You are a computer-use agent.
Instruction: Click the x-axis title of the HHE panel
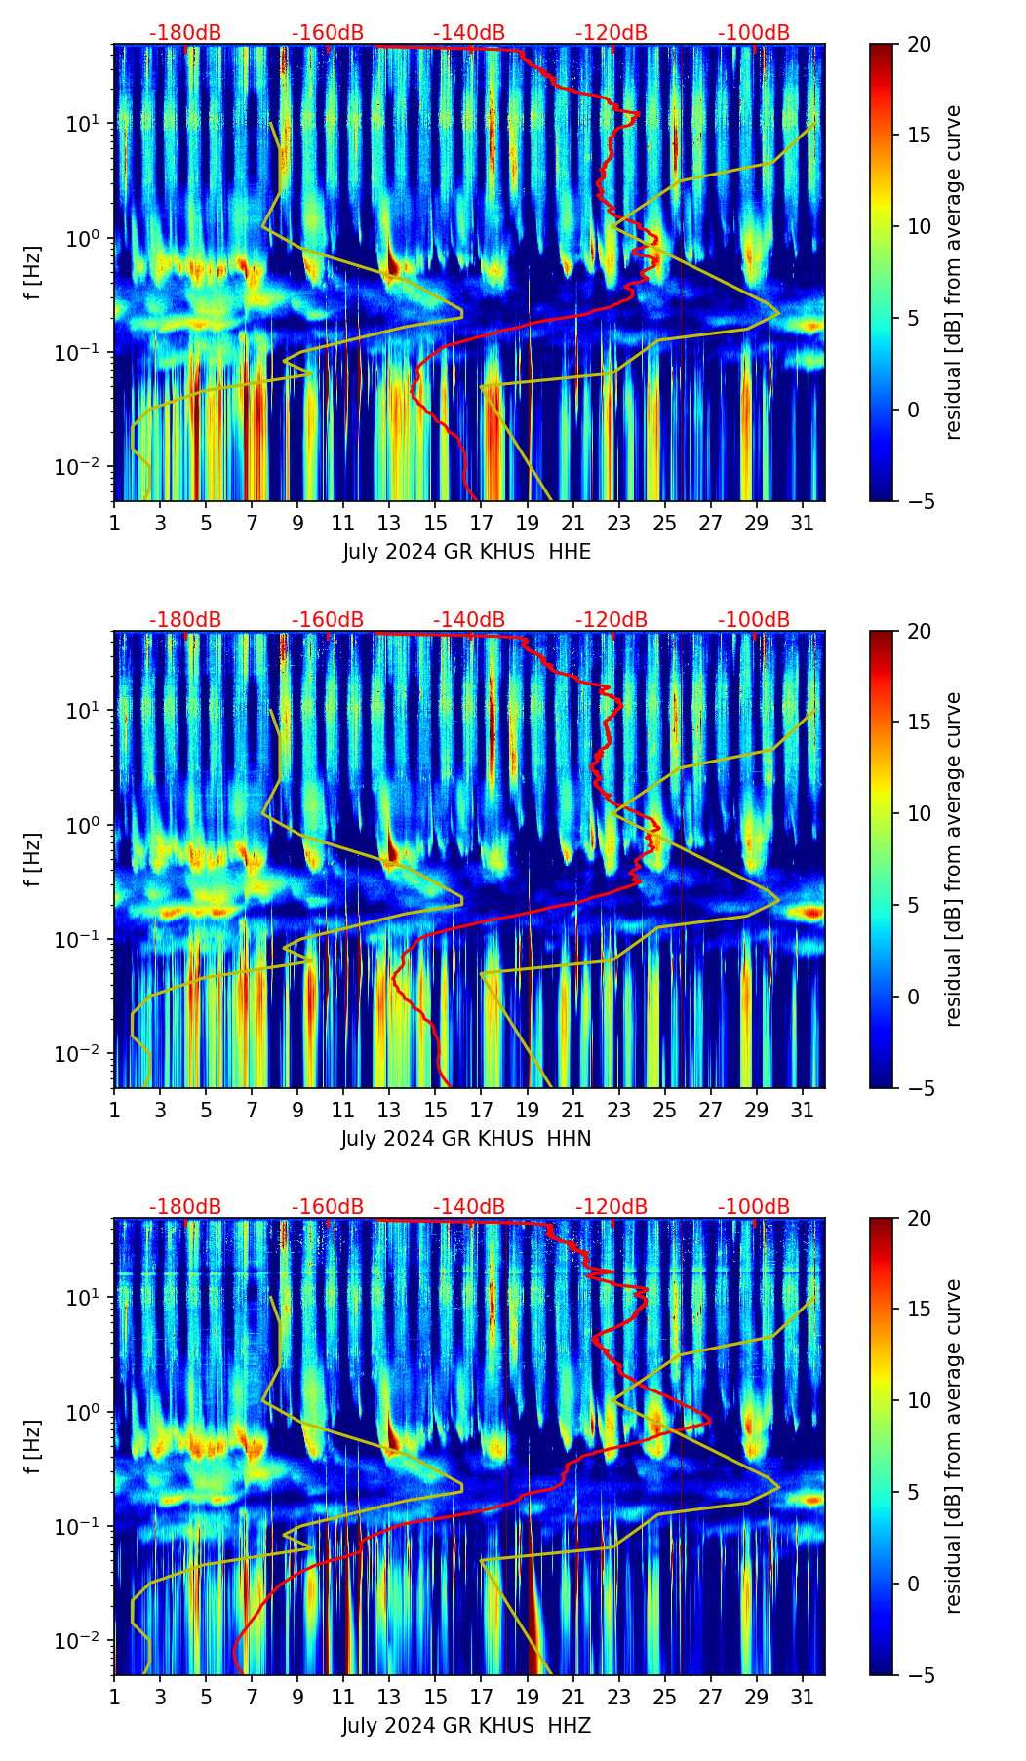click(466, 552)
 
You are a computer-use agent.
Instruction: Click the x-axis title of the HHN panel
click(466, 1139)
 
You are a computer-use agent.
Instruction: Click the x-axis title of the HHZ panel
click(466, 1726)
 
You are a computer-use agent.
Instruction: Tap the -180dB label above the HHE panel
click(185, 33)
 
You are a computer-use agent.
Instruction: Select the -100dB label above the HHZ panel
click(754, 1207)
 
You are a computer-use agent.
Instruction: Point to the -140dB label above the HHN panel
click(469, 620)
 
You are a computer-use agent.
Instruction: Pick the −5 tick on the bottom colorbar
click(921, 1675)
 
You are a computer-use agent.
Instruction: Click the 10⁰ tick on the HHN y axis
click(92, 825)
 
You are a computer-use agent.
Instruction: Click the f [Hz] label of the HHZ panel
click(33, 1446)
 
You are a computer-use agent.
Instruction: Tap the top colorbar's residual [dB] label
click(953, 272)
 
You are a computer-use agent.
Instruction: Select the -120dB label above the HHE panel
click(612, 33)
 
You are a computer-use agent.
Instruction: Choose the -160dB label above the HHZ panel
click(328, 1207)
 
